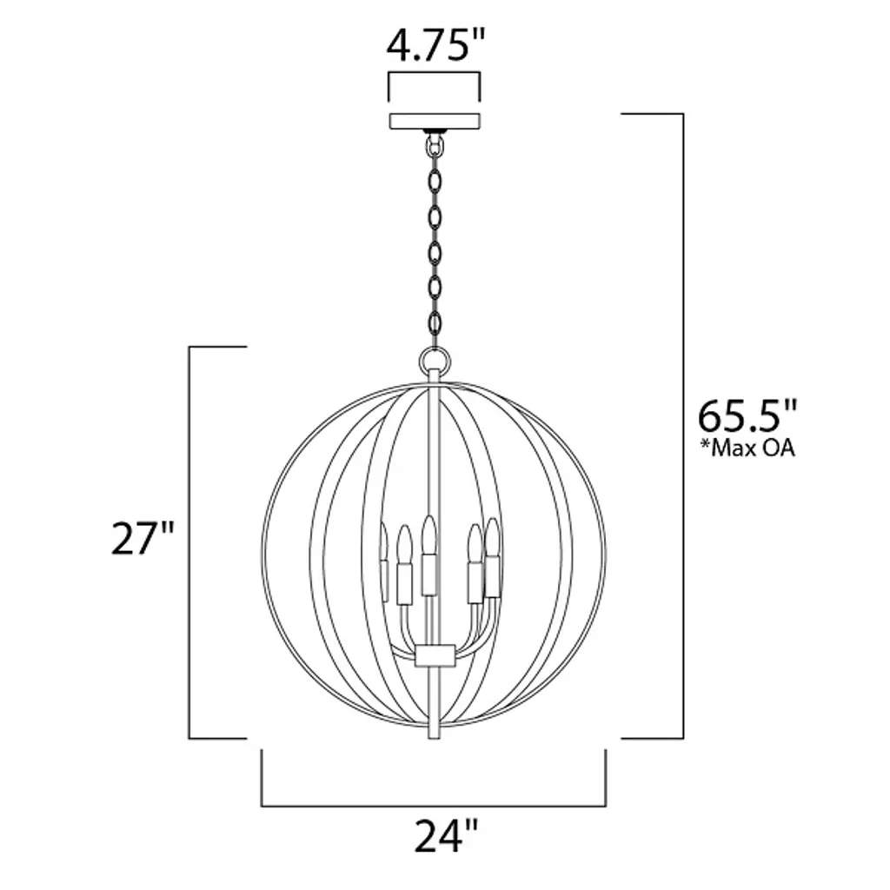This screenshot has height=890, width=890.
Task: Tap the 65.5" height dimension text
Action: [747, 416]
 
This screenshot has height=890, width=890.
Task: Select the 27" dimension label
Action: [143, 538]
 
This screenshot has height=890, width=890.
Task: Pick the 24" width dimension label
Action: [446, 835]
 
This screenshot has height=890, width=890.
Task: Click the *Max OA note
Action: [747, 448]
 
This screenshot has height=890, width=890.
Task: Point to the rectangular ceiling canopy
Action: [435, 121]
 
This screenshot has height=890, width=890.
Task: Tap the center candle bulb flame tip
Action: [429, 517]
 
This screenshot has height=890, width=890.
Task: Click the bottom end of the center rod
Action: [435, 738]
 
